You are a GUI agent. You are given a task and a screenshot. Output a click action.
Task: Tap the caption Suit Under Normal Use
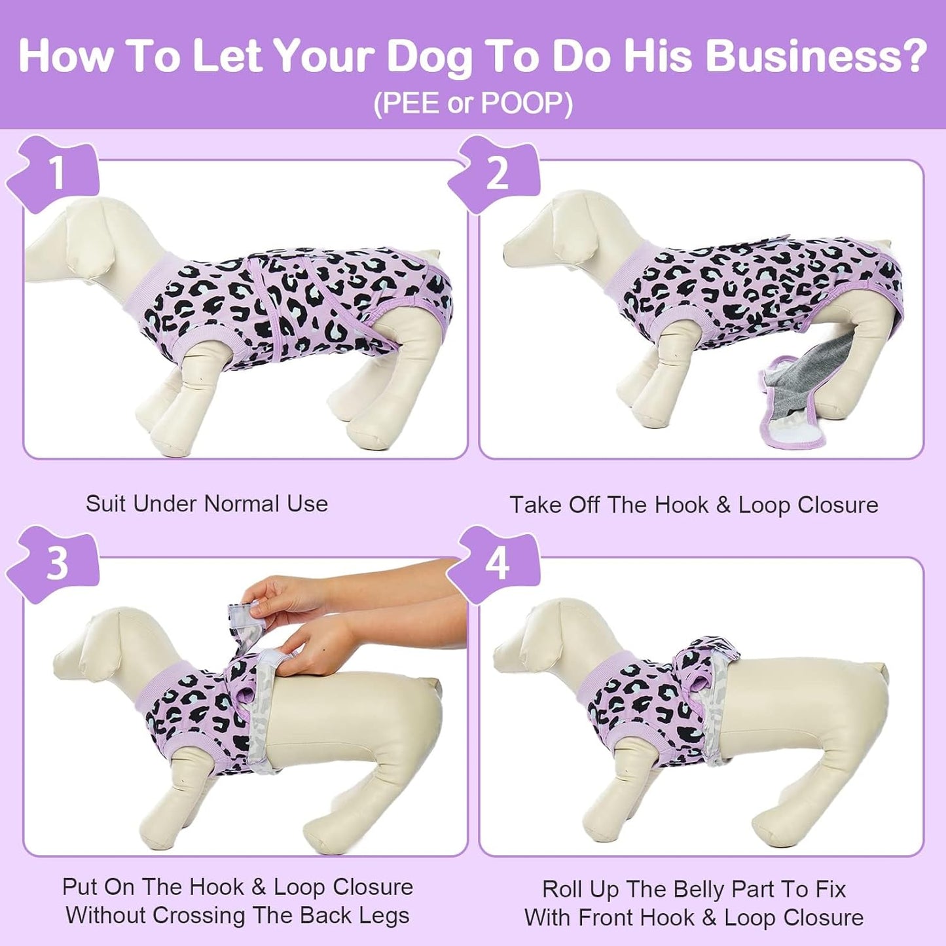tap(206, 503)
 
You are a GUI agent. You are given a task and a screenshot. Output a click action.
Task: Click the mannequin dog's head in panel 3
tap(105, 648)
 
